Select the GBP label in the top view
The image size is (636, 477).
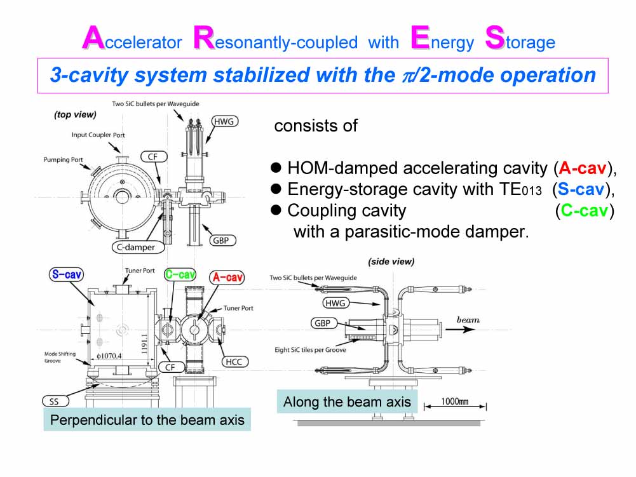point(221,240)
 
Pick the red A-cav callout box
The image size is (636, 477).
point(227,277)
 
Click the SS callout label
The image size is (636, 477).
point(55,401)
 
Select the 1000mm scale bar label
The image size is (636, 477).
point(455,401)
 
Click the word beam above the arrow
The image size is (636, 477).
point(468,319)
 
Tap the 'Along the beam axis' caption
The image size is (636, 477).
point(347,402)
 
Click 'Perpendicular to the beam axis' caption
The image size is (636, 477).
point(147,420)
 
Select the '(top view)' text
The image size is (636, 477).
point(75,115)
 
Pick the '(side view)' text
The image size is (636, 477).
point(391,261)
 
